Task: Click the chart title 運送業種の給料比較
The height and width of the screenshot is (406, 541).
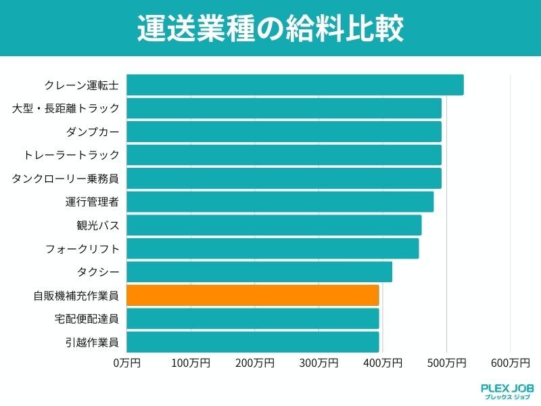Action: point(270,28)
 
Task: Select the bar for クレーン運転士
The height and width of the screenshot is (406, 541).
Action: point(295,85)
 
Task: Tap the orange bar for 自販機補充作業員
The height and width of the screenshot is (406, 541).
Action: point(253,295)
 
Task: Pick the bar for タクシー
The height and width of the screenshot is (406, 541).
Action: point(259,272)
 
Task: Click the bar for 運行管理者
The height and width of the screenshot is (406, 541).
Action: point(280,202)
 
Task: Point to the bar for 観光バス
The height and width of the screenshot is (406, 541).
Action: point(274,225)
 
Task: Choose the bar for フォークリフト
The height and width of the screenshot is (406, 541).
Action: point(273,248)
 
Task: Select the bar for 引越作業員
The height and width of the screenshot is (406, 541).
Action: point(253,342)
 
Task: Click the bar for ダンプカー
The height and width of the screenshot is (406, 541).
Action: point(284,131)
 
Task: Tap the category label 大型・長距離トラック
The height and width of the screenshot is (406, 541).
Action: point(66,108)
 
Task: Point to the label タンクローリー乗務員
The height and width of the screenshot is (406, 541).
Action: point(66,179)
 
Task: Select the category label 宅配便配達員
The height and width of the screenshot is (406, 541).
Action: point(87,319)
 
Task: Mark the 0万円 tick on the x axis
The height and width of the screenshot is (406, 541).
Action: point(126,363)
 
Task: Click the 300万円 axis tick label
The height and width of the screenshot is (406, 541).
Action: point(319,363)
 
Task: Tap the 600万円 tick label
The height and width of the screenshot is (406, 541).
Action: point(511,363)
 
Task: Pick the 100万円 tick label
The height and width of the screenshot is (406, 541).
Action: point(191,363)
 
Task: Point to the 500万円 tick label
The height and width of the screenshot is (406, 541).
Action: point(446,363)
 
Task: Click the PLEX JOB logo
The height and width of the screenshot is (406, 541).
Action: point(507,390)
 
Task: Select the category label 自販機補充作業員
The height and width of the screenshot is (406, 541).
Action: point(76,296)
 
